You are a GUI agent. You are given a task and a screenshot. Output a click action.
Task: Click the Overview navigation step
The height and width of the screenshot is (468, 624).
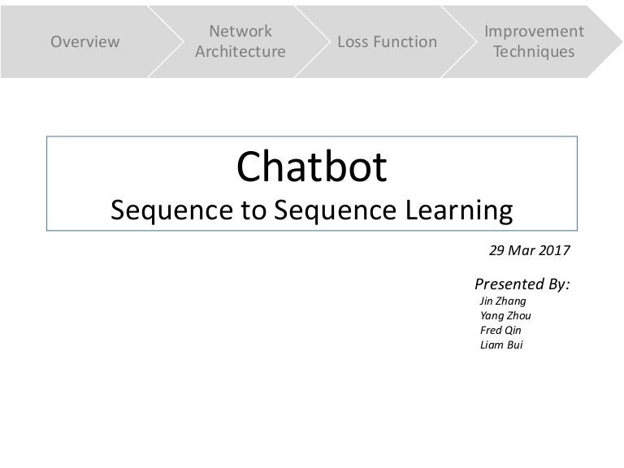85,41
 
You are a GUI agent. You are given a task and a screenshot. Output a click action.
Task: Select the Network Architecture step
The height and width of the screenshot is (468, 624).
240,41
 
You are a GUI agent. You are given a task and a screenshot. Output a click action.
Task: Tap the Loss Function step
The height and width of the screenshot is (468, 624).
387,41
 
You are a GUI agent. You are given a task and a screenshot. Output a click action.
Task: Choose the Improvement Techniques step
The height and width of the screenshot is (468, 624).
533,41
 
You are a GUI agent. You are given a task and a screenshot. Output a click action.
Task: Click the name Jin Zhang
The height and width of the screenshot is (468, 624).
504,300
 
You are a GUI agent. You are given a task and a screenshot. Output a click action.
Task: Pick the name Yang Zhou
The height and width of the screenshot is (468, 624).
506,315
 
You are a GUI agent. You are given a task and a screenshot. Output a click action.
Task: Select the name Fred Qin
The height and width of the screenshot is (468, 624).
500,330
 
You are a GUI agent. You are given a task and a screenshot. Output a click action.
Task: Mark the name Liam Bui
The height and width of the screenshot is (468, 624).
501,344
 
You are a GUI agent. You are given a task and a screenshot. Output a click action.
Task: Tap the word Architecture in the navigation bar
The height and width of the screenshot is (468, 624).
240,52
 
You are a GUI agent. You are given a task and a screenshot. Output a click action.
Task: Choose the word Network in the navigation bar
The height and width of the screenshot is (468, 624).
240,32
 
